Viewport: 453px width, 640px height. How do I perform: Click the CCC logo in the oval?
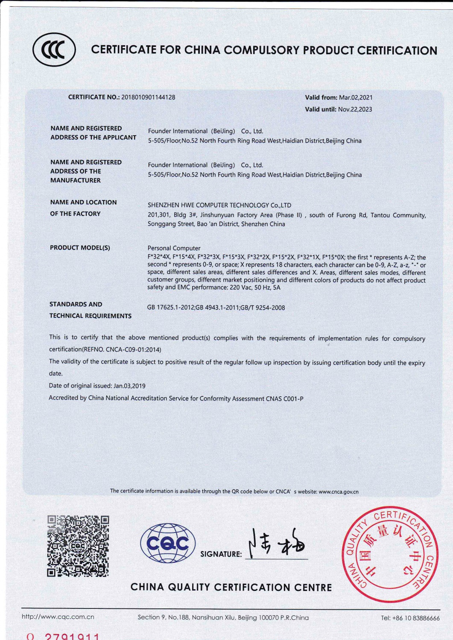click(x=54, y=49)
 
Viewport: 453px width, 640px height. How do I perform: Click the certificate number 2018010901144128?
click(x=148, y=97)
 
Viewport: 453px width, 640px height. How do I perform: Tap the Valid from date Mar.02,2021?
click(x=356, y=98)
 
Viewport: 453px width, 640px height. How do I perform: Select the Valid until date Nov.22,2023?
click(x=355, y=109)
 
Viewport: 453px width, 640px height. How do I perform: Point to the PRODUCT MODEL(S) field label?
click(x=80, y=248)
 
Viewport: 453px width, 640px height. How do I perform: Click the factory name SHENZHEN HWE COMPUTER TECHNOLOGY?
click(x=219, y=205)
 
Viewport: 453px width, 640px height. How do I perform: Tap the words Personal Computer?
click(x=174, y=248)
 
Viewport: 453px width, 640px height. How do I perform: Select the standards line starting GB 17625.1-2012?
click(x=216, y=308)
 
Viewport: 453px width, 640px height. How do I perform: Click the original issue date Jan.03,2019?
click(x=129, y=386)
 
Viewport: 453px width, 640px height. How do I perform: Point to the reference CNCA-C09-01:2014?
click(x=133, y=349)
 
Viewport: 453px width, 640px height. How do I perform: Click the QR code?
click(x=78, y=546)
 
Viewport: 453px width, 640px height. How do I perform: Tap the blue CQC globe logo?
click(x=168, y=544)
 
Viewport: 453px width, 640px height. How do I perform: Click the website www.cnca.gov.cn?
click(x=339, y=492)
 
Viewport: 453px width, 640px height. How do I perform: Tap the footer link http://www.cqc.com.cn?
click(x=58, y=617)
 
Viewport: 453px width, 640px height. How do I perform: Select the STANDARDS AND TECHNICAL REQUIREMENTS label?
click(x=90, y=310)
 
